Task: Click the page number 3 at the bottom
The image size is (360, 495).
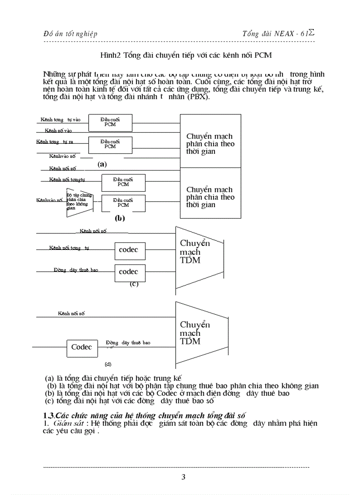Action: tap(184, 477)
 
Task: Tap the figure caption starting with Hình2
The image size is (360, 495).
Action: tap(186, 56)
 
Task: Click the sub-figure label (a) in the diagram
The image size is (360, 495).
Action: tap(102, 164)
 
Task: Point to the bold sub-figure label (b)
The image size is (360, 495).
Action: tap(120, 218)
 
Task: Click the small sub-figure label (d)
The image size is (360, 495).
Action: tap(108, 365)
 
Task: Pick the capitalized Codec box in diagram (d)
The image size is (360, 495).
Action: tap(82, 347)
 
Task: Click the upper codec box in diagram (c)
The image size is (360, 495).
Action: tap(128, 250)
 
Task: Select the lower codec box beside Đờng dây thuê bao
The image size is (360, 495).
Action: tap(128, 272)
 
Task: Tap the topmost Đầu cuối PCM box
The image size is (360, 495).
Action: tap(110, 122)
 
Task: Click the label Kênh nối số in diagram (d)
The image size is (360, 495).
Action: tap(71, 313)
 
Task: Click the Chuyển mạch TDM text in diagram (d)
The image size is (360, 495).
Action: tap(195, 333)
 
